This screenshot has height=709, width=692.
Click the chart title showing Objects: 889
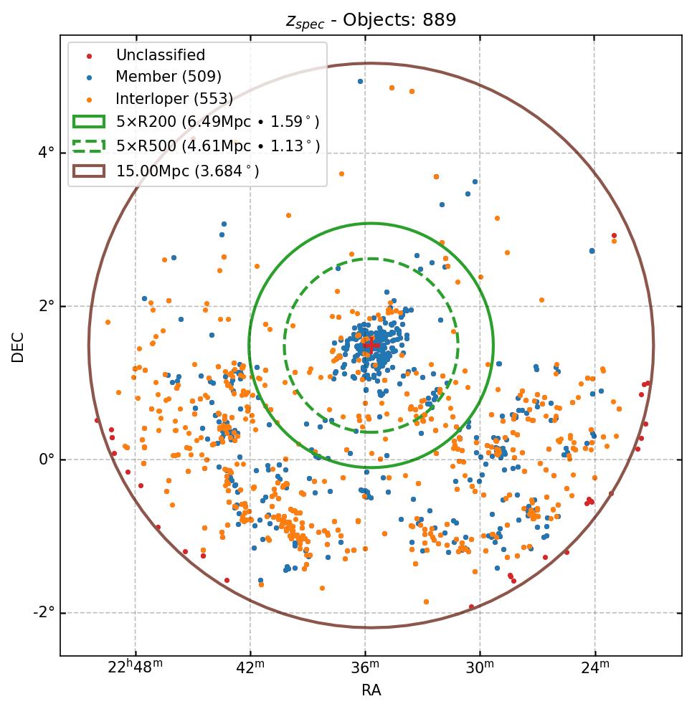point(371,20)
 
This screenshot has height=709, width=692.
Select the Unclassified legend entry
point(160,55)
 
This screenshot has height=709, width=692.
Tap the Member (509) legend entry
point(169,77)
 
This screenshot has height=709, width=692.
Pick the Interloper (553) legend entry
point(174,99)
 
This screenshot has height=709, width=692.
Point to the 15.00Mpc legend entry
point(187,171)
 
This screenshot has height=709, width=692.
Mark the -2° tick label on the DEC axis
point(45,613)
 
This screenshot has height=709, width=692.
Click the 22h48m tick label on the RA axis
point(135,668)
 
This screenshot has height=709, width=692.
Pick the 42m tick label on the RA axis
point(250,668)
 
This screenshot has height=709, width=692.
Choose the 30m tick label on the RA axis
point(480,668)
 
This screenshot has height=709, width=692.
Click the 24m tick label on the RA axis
point(594,668)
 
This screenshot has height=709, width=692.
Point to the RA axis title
point(371,690)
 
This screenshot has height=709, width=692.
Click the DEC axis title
point(18,346)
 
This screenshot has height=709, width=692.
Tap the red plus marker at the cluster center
point(371,346)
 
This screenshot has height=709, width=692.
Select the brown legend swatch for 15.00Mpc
point(89,171)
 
